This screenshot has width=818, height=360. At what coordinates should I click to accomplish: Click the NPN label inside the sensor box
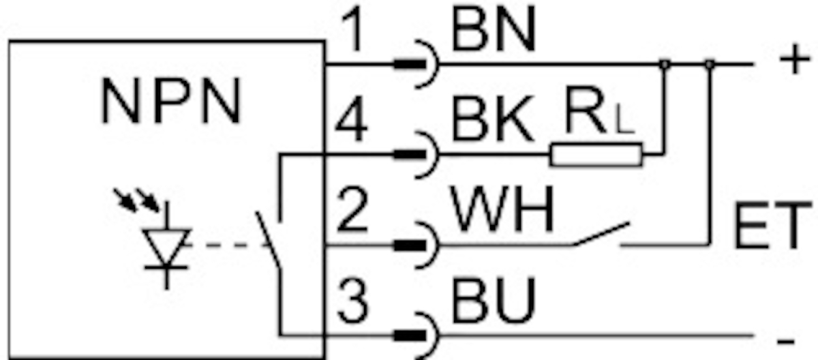171,103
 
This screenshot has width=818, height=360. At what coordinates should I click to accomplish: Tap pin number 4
352,123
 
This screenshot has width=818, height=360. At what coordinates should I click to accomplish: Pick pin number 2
352,213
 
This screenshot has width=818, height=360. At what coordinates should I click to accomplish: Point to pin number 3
352,303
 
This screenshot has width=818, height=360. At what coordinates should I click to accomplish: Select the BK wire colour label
491,123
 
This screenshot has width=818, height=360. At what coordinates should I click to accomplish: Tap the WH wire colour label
503,212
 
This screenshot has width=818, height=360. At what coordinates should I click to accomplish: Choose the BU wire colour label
492,303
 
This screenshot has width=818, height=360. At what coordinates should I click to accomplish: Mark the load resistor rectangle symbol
596,155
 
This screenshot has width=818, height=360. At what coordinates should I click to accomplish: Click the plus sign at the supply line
791,61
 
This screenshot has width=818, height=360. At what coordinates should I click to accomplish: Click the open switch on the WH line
600,235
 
